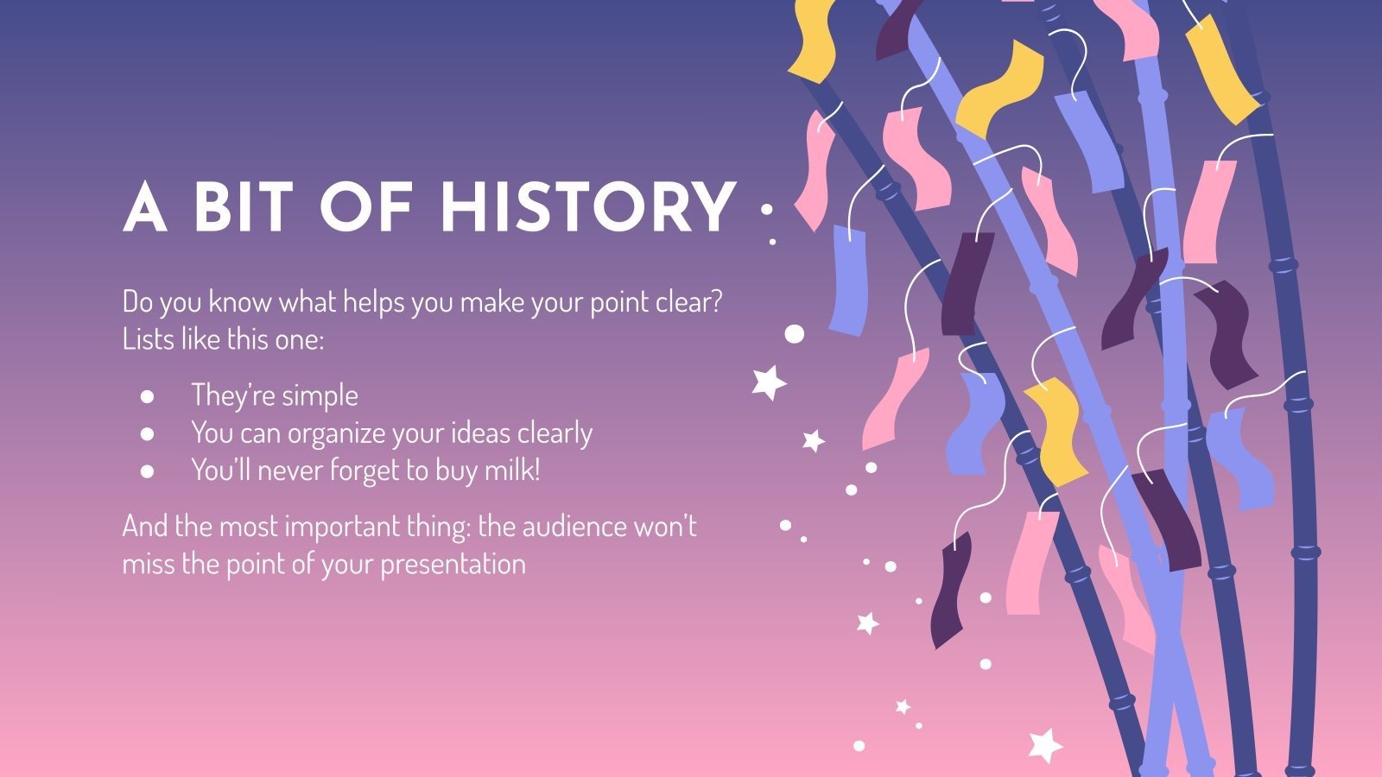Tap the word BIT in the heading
[x=239, y=208]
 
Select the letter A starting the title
[x=144, y=208]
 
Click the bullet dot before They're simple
[x=147, y=396]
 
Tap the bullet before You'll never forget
[x=147, y=471]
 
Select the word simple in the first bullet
[x=320, y=396]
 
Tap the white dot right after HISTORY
[x=766, y=209]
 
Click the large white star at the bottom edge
[x=1044, y=745]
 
